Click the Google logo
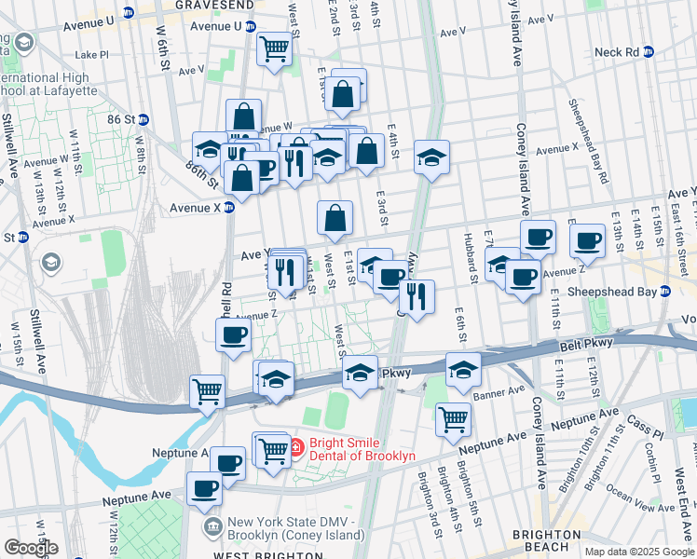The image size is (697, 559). pyautogui.click(x=30, y=548)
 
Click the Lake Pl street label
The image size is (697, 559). pyautogui.click(x=92, y=55)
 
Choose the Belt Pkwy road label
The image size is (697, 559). pyautogui.click(x=586, y=346)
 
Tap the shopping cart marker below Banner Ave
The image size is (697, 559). pyautogui.click(x=453, y=417)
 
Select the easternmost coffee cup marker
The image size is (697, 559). pyautogui.click(x=587, y=240)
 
